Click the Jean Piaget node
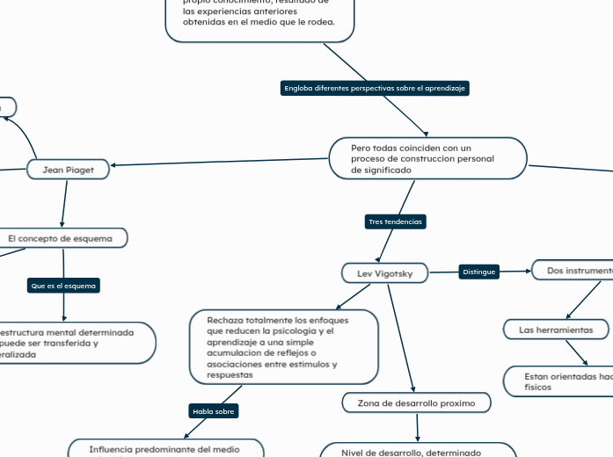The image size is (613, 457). (68, 169)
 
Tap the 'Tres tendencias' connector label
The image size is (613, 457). (396, 221)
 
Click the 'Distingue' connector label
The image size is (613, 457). (479, 272)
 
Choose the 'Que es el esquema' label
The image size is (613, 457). (63, 286)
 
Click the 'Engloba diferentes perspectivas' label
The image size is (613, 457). (376, 88)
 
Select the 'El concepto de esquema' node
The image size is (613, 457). (61, 238)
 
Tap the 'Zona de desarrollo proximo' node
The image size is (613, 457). (416, 403)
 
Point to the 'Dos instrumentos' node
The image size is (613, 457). (576, 271)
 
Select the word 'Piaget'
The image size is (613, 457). (79, 169)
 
